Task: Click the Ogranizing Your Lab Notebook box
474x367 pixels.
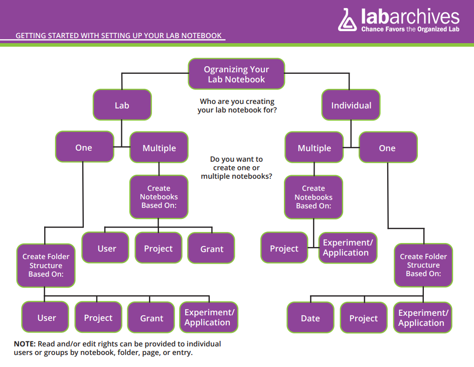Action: [x=236, y=74]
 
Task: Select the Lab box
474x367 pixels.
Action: [x=122, y=105]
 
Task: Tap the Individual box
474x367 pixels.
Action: [x=351, y=105]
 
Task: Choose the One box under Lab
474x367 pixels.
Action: [x=84, y=148]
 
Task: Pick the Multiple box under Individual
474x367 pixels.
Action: [x=314, y=148]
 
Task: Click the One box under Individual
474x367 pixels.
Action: [x=387, y=148]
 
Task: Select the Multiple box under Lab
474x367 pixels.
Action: [x=159, y=148]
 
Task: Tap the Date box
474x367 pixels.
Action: [x=310, y=318]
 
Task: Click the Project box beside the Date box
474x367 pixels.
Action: [x=364, y=318]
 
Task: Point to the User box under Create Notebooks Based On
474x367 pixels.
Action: [x=106, y=249]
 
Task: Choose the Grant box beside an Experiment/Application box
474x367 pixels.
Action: [x=151, y=318]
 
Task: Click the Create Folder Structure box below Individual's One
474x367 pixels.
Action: [x=423, y=265]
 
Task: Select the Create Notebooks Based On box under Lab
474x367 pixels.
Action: [x=159, y=197]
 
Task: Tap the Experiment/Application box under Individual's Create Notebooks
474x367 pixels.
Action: [x=348, y=248]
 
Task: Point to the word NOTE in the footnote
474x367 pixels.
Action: [x=25, y=344]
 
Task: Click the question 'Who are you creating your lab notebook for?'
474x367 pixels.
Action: [x=237, y=105]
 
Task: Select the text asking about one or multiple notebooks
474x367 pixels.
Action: [x=237, y=168]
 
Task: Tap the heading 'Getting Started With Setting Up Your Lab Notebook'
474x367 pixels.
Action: [x=118, y=36]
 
